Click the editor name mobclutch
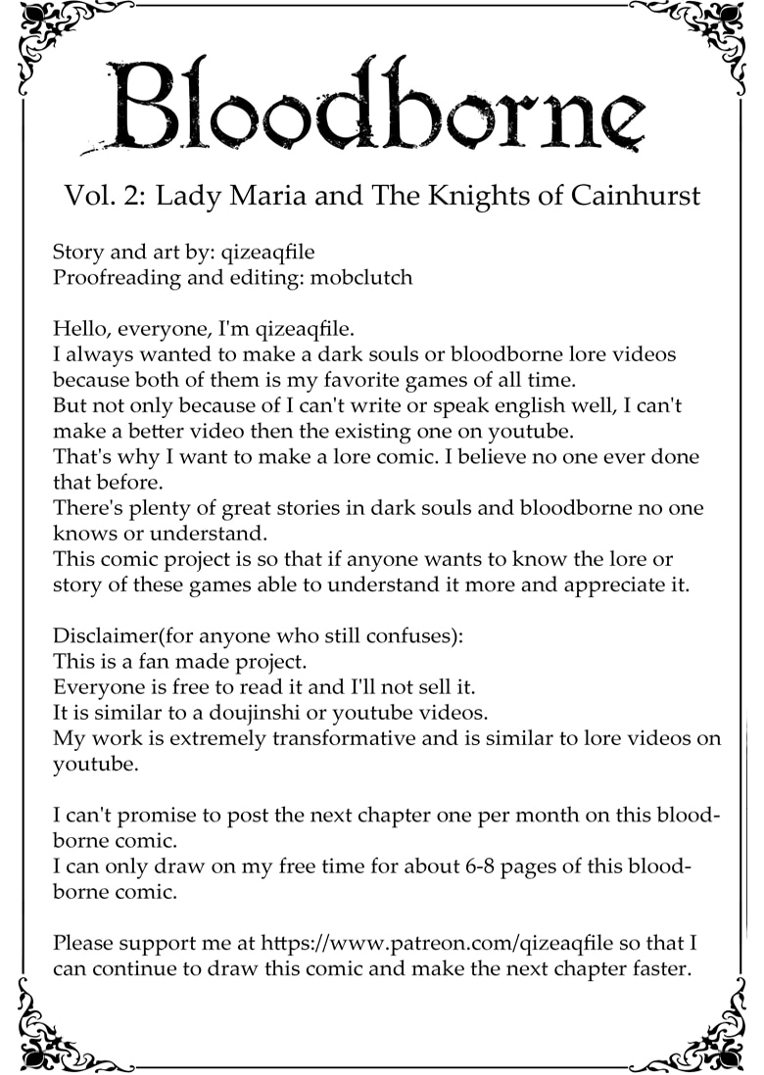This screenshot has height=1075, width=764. [x=361, y=277]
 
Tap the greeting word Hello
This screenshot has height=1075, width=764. [x=78, y=328]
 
